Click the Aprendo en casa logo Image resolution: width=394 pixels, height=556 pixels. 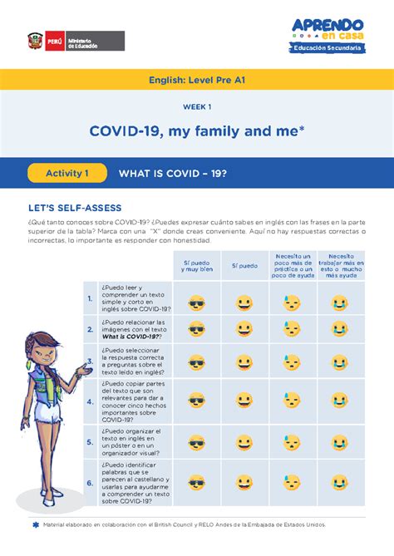[328, 34]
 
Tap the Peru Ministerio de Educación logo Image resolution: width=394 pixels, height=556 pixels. [76, 41]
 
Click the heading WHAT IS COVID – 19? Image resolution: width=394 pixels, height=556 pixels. [173, 174]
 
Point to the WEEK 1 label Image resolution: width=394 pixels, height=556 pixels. [197, 107]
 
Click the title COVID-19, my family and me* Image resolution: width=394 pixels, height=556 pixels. [197, 131]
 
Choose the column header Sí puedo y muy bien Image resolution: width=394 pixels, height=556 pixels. [198, 267]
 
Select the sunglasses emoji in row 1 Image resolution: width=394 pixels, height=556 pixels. [197, 303]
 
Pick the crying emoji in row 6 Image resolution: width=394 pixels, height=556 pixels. [340, 481]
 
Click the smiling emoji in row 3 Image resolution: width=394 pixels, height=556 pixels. [244, 363]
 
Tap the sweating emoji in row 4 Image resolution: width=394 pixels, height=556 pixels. [292, 401]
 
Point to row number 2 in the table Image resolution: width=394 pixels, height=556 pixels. [89, 328]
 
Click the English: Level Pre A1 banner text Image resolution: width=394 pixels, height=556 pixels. [197, 81]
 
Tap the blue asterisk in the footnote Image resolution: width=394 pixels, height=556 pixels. [35, 525]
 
